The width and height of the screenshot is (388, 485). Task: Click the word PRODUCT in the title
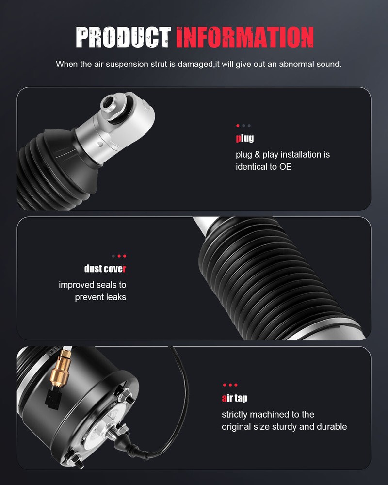(x=123, y=37)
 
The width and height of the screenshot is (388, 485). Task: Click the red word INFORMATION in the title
(x=245, y=37)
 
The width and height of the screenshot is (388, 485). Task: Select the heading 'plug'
(x=245, y=138)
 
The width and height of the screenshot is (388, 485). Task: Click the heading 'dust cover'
(x=105, y=269)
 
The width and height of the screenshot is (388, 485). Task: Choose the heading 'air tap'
(x=235, y=398)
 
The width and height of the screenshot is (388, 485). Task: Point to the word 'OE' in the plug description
(x=285, y=167)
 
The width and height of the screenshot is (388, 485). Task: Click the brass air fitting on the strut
(x=60, y=369)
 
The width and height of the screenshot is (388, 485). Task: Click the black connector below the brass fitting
(x=53, y=398)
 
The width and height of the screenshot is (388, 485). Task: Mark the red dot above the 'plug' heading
(x=238, y=126)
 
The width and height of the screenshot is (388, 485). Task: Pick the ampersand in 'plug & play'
(x=257, y=154)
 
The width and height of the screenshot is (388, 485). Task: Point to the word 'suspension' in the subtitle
(x=127, y=65)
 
